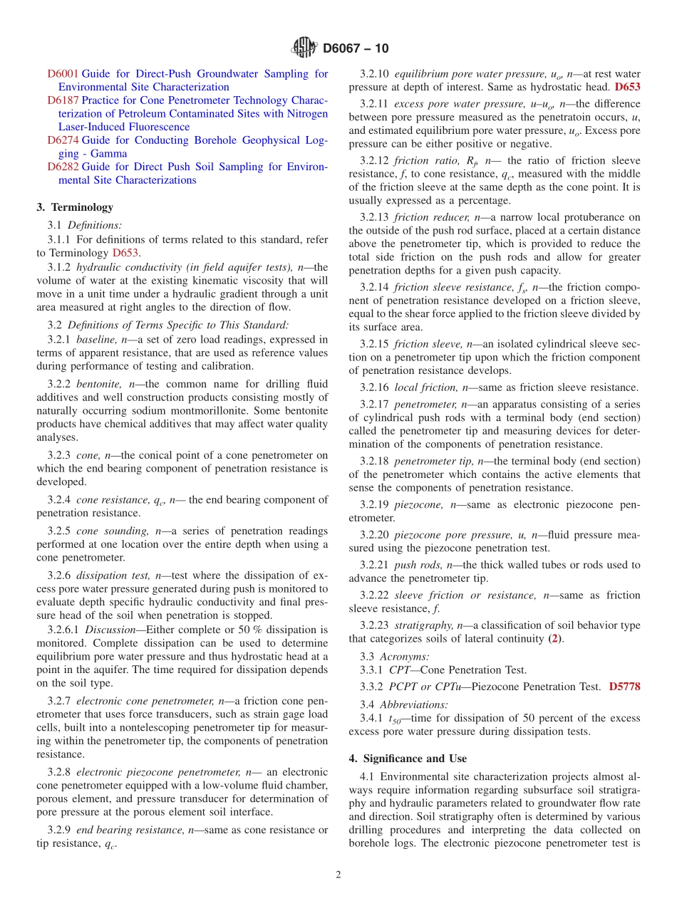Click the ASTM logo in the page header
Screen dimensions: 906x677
click(x=304, y=48)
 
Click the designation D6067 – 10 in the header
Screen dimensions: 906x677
click(x=356, y=48)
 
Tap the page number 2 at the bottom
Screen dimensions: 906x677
click(x=338, y=875)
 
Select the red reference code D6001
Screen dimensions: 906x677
click(x=63, y=74)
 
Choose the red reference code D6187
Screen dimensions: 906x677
click(x=63, y=100)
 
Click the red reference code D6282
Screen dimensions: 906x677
click(x=63, y=167)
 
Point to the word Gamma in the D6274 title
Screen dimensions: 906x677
click(x=110, y=154)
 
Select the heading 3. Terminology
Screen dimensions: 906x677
click(x=75, y=207)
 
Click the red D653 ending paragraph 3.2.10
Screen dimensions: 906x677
click(x=627, y=87)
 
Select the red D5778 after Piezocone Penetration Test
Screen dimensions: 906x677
click(x=624, y=687)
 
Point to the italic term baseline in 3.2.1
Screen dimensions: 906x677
click(x=96, y=340)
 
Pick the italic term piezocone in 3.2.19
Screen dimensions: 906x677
click(x=418, y=505)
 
